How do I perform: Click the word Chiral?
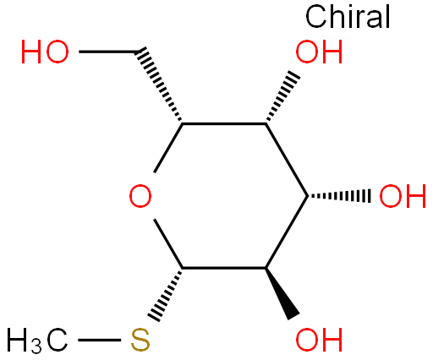(348, 17)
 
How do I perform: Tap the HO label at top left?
(45, 52)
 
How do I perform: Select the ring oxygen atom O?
(140, 196)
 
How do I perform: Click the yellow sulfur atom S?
(140, 340)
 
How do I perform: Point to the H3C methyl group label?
(37, 341)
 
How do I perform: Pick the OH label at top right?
(319, 52)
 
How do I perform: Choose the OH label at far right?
(403, 196)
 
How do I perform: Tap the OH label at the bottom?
(319, 340)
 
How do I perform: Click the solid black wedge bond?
(282, 293)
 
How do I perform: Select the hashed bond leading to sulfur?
(165, 295)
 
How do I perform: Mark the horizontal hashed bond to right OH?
(339, 195)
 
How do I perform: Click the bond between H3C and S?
(99, 340)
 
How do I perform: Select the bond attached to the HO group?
(108, 52)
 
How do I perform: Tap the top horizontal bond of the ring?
(224, 123)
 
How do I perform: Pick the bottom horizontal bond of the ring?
(224, 268)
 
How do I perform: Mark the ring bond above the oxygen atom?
(168, 148)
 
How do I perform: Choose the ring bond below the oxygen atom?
(168, 243)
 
